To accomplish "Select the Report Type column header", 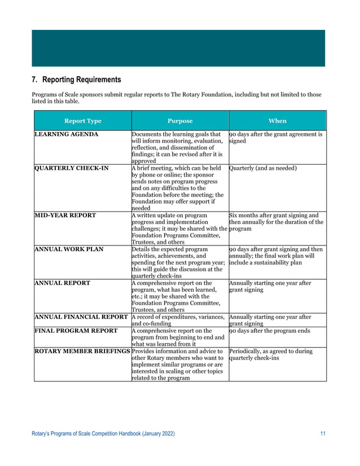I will pyautogui.click(x=82, y=121).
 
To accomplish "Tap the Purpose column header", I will pyautogui.click(x=180, y=121).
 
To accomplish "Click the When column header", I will pyautogui.click(x=277, y=121).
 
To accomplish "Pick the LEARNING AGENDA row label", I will pyautogui.click(x=67, y=135).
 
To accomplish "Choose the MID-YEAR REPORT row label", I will pyautogui.click(x=65, y=215).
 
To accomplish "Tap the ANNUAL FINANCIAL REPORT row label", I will pyautogui.click(x=81, y=316).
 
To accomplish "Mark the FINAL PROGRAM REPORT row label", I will pyautogui.click(x=76, y=331).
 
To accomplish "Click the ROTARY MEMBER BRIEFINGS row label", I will pyautogui.click(x=82, y=351).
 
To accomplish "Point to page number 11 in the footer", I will pyautogui.click(x=323, y=433).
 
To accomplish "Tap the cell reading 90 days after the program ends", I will pyautogui.click(x=271, y=331).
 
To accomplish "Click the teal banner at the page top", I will pyautogui.click(x=179, y=49).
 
